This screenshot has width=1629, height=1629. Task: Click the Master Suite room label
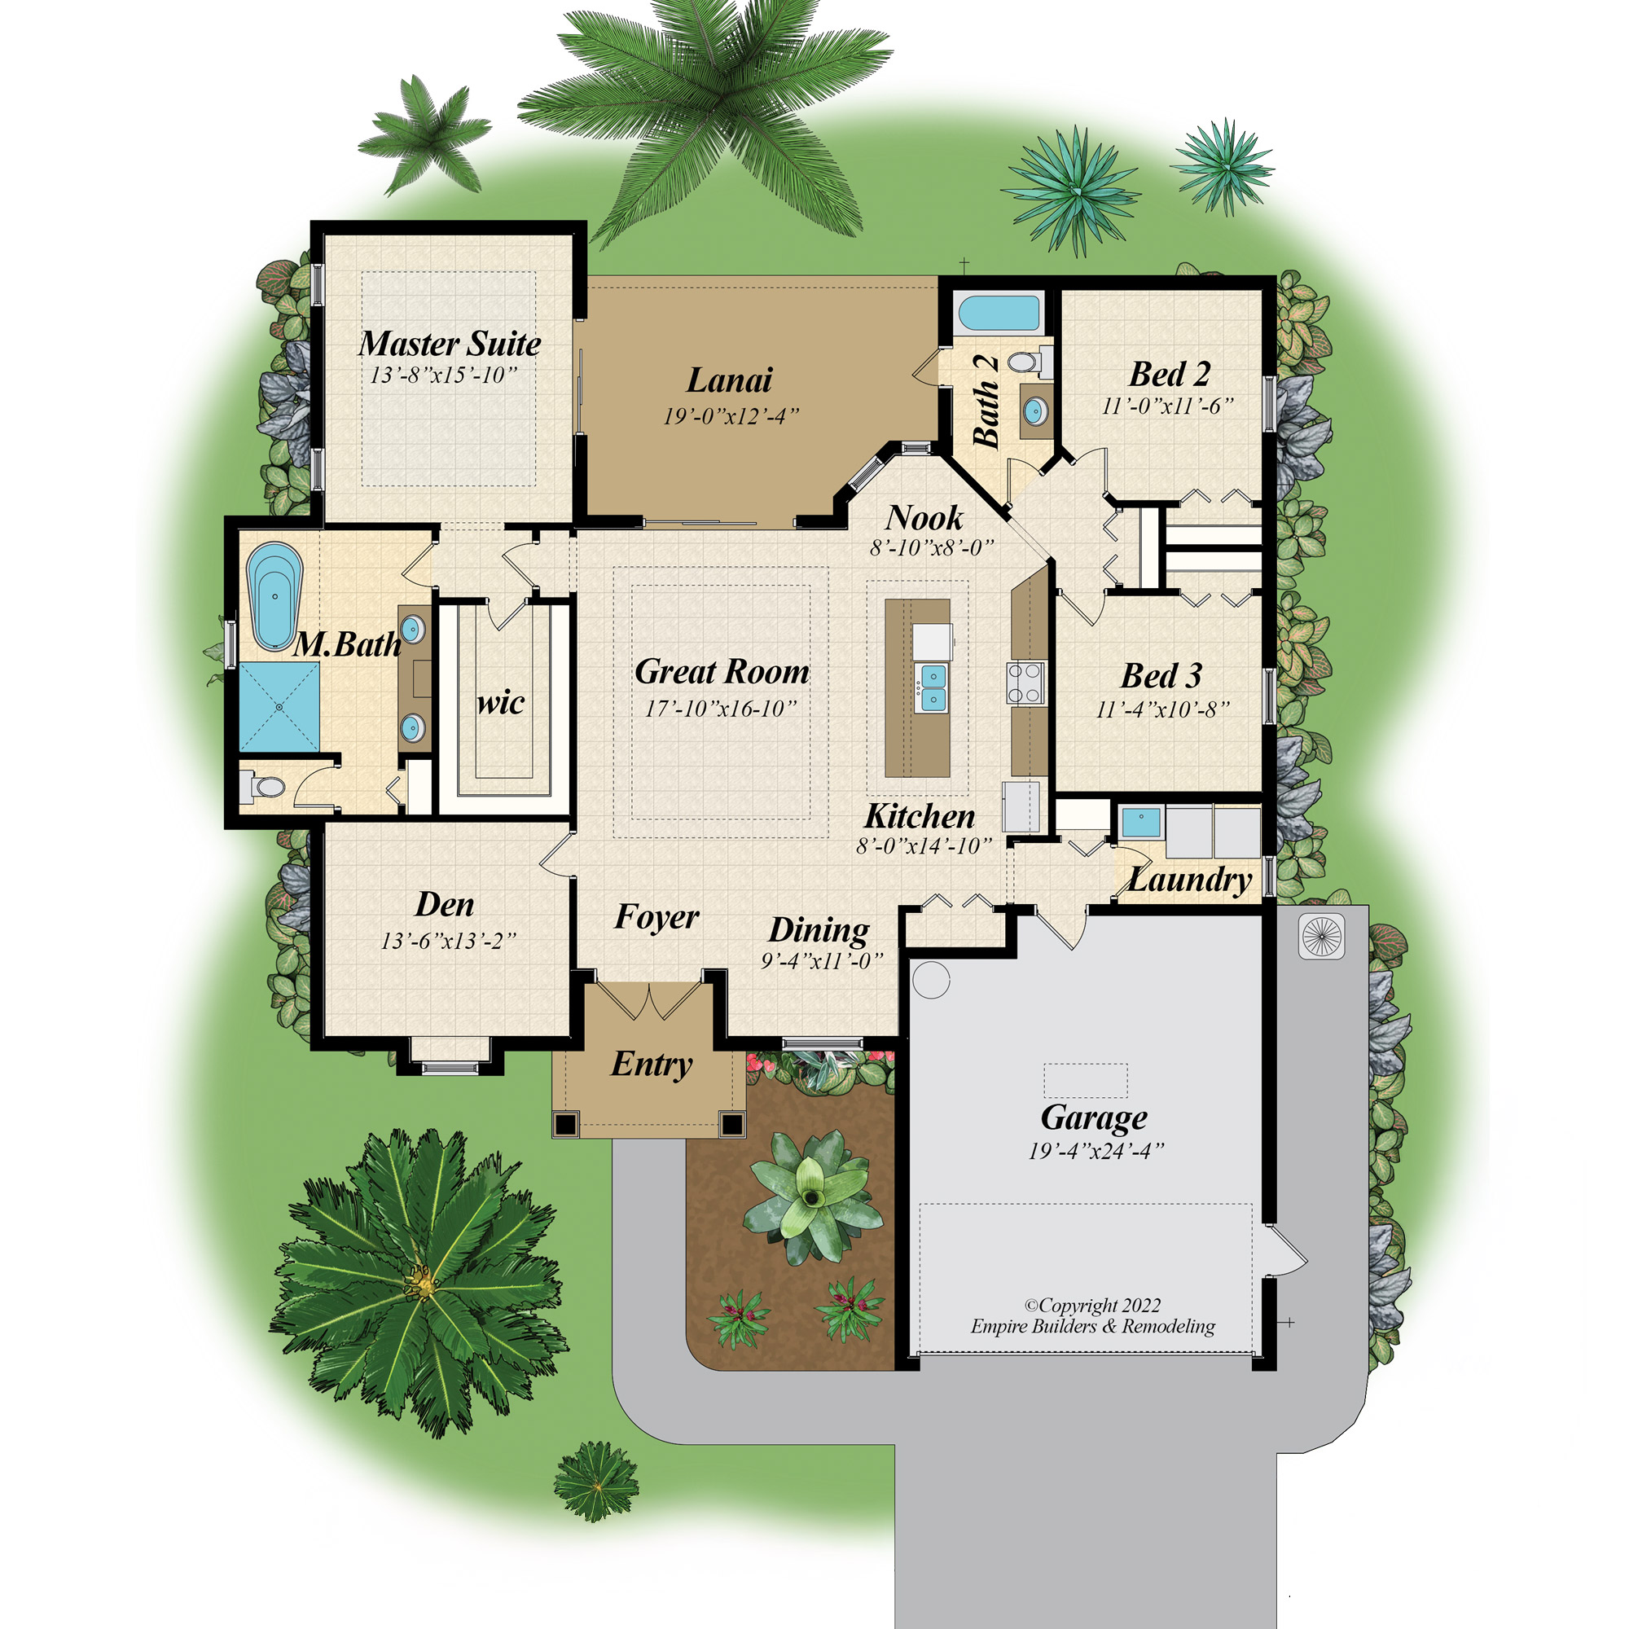click(x=450, y=344)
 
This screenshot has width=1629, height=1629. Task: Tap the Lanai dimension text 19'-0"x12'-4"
click(x=730, y=415)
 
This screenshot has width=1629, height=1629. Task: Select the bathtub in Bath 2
click(x=999, y=313)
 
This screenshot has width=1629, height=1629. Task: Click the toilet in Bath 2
click(x=1029, y=362)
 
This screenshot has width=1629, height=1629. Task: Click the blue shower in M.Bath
click(x=279, y=706)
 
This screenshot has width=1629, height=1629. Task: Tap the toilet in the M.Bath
click(x=262, y=787)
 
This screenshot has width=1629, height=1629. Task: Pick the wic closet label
click(x=500, y=702)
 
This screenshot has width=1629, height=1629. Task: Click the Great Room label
click(x=722, y=672)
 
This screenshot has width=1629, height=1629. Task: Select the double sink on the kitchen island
click(x=933, y=687)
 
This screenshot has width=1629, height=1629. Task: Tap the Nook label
click(x=924, y=518)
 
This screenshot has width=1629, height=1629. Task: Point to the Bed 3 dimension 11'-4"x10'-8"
click(x=1162, y=709)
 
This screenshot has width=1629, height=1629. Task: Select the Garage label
click(x=1094, y=1117)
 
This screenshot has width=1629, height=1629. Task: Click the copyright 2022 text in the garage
click(x=1093, y=1305)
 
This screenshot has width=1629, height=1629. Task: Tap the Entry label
click(x=652, y=1065)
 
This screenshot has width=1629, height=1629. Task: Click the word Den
click(x=445, y=905)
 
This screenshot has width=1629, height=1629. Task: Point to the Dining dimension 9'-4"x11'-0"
click(x=822, y=959)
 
